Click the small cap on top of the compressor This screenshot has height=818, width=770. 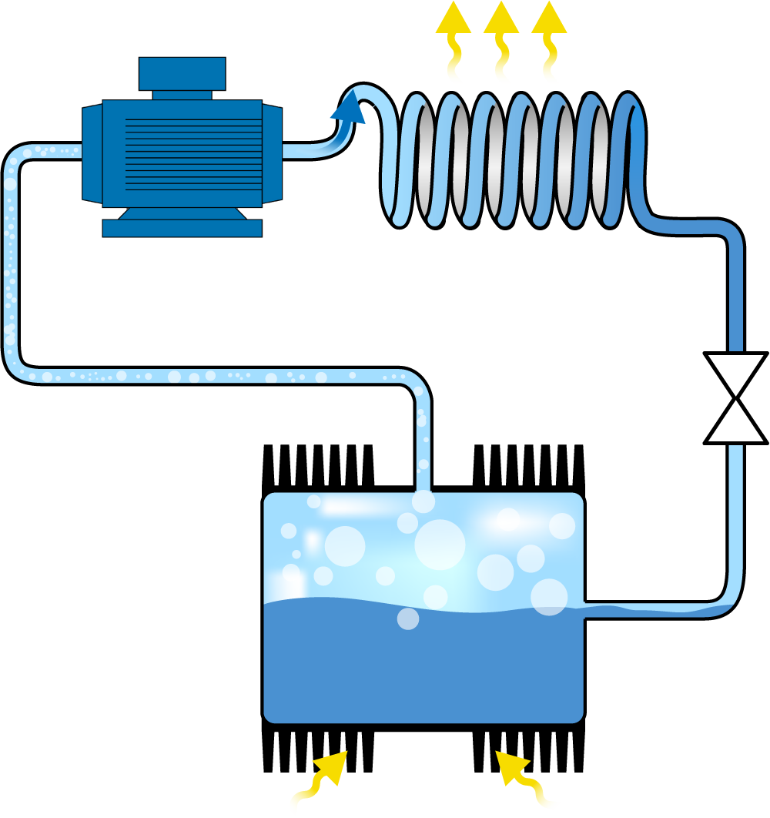coord(182,74)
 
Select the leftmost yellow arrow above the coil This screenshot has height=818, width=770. coord(453,46)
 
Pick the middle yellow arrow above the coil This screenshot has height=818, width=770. coord(501,46)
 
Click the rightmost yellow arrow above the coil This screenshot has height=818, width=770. coord(549,46)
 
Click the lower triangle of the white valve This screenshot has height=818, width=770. coord(735,423)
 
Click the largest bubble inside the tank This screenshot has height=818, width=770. coord(440,545)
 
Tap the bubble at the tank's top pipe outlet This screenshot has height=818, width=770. coord(423,501)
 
